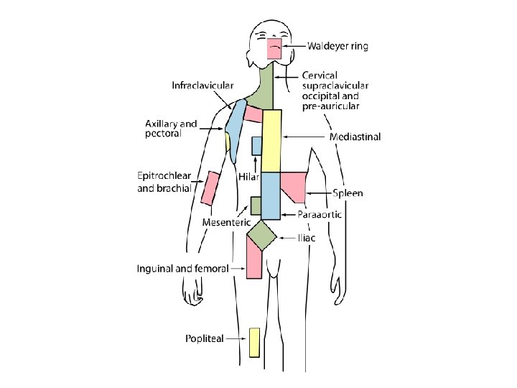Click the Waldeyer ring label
pos(337,47)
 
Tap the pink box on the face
pos(275,48)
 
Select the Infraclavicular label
pos(202,86)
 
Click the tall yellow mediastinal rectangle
pos(271,141)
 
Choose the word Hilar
pos(248,177)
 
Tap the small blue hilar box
pos(256,146)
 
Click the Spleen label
pos(348,193)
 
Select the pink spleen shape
pos(294,185)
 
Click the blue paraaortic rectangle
pos(270,195)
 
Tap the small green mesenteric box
pos(255,205)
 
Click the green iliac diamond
pos(262,235)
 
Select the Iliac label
pos(307,237)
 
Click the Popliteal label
pos(205,338)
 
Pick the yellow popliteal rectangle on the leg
pos(254,343)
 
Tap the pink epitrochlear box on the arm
pos(210,188)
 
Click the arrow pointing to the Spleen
pos(319,193)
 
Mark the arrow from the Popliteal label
pos(236,338)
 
